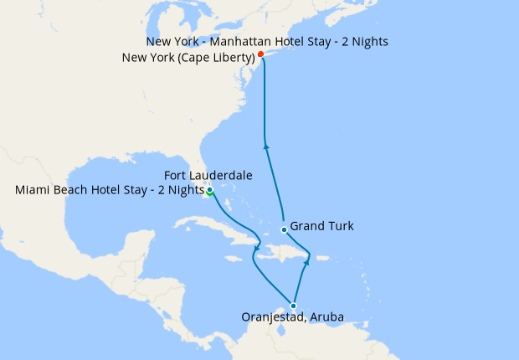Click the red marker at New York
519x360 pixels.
(x=261, y=54)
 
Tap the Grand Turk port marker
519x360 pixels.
(x=285, y=229)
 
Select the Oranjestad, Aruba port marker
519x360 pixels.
(x=293, y=306)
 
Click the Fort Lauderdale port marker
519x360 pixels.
(x=209, y=191)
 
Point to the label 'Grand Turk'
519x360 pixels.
(x=322, y=226)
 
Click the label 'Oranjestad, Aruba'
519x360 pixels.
(x=292, y=318)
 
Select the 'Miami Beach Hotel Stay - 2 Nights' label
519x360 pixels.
(x=110, y=190)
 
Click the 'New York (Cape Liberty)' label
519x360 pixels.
(x=188, y=58)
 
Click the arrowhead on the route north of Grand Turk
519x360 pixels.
(x=267, y=147)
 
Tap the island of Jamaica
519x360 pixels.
(x=230, y=251)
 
